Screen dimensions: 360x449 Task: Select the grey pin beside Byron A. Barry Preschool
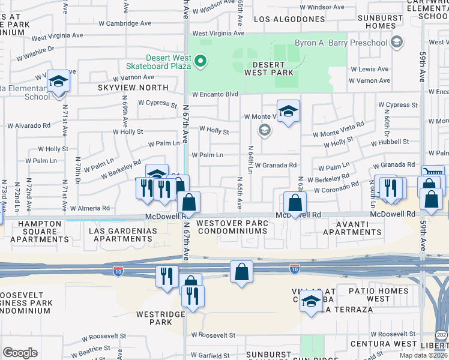pyautogui.click(x=396, y=43)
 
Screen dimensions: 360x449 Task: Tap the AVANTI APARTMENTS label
pyautogui.click(x=353, y=226)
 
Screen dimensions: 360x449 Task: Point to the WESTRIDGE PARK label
pyautogui.click(x=154, y=317)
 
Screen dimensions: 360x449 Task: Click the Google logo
pyautogui.click(x=20, y=353)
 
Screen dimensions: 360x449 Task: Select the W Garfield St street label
pyautogui.click(x=211, y=355)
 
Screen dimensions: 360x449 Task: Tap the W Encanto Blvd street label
pyautogui.click(x=215, y=94)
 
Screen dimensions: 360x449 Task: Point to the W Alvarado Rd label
pyautogui.click(x=28, y=125)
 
